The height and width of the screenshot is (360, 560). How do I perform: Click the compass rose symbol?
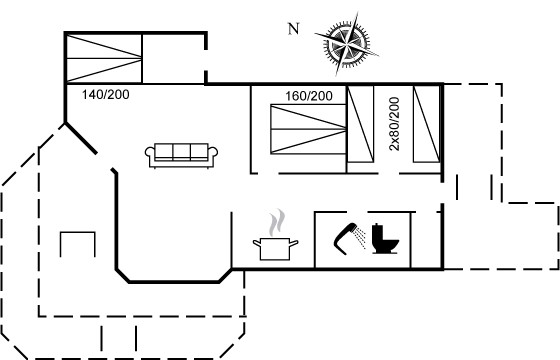tap(346, 44)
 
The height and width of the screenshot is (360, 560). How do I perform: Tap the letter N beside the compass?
tap(294, 29)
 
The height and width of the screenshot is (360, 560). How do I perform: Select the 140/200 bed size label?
tap(105, 95)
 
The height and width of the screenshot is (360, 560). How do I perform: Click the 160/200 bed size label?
tap(309, 96)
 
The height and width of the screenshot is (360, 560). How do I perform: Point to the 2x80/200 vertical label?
tap(394, 124)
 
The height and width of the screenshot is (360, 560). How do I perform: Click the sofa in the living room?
tap(181, 155)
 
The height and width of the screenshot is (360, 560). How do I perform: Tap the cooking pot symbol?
tap(275, 249)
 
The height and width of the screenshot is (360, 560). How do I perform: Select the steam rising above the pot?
tap(277, 222)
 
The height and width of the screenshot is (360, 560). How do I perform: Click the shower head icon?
tap(346, 238)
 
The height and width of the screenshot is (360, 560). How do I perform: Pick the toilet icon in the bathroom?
tap(385, 238)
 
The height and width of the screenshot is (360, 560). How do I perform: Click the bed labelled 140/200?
tap(104, 59)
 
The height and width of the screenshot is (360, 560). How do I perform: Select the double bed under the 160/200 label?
tap(309, 129)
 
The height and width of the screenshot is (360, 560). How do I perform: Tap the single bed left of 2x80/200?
tap(360, 124)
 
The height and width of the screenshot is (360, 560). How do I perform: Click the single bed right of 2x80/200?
tap(426, 124)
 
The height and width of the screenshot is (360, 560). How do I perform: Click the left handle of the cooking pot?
tap(257, 243)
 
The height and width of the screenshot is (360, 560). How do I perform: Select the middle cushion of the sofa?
tap(181, 151)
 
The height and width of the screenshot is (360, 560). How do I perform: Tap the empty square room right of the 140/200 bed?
tap(174, 59)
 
